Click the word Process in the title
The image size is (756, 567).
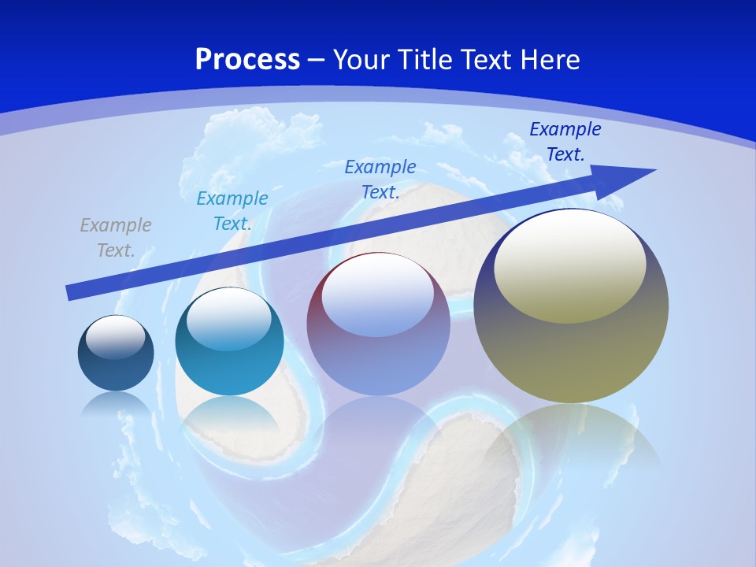[247, 60]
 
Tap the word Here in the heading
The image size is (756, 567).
[550, 60]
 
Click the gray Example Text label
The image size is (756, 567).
[116, 238]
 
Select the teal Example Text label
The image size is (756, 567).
[232, 211]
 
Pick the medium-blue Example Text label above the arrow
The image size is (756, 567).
[380, 179]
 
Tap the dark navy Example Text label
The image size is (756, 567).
[565, 142]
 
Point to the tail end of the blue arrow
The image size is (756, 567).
[71, 293]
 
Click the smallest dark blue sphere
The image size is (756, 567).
[116, 370]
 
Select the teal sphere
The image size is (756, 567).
[229, 370]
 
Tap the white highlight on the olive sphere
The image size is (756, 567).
[570, 264]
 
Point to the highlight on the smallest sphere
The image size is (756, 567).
[116, 337]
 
